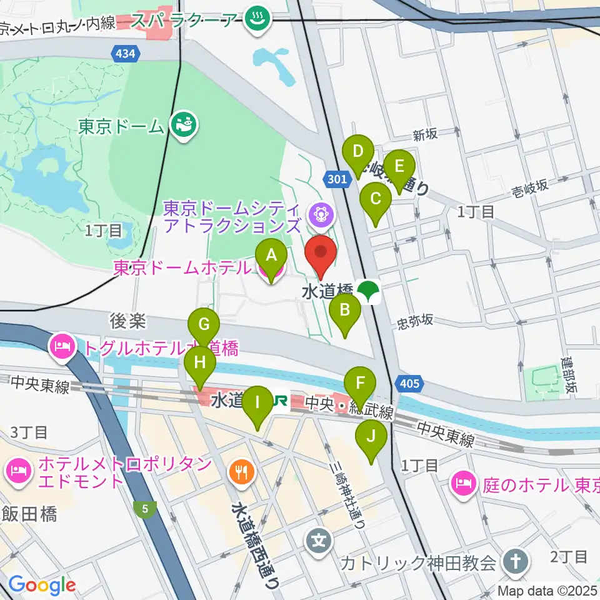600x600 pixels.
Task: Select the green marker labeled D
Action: [x=358, y=152]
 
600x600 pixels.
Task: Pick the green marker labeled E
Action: [x=399, y=167]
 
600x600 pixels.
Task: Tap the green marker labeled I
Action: [x=257, y=404]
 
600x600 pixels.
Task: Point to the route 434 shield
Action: [x=125, y=55]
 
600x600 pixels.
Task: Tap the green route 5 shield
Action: [x=145, y=509]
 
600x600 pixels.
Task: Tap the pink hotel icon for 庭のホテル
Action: [x=462, y=482]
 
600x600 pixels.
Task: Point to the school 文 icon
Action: [x=319, y=538]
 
